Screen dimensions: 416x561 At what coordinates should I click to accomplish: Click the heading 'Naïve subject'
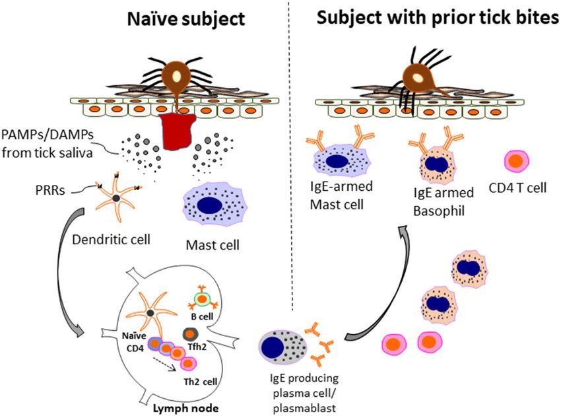187,18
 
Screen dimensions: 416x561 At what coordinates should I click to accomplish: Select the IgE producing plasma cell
284,347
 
